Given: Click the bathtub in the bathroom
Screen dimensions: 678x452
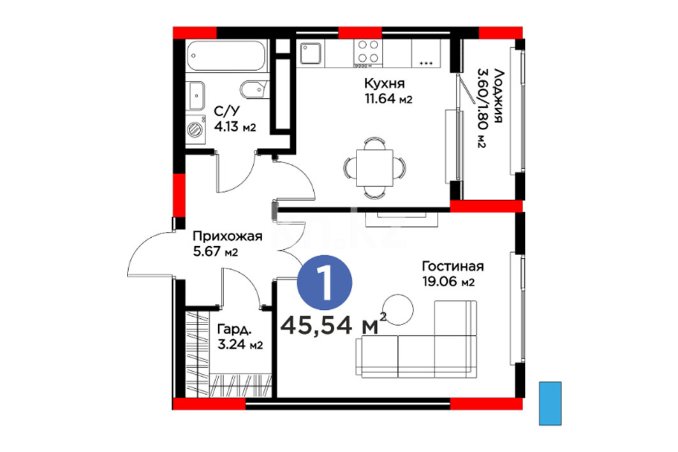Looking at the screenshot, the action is [x=227, y=55].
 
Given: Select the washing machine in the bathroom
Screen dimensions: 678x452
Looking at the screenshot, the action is [x=196, y=129].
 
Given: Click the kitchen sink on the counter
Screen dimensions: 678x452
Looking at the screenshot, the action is [x=311, y=53].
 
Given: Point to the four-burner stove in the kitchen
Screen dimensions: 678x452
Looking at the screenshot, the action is [x=368, y=52].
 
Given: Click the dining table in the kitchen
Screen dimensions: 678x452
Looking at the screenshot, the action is [x=374, y=168].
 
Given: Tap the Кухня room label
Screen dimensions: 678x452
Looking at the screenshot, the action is [x=384, y=82].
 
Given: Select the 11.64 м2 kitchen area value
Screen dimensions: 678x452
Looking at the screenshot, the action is [x=388, y=99].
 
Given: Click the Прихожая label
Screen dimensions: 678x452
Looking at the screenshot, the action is [x=228, y=237].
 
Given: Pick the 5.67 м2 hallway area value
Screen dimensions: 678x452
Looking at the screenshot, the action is [x=216, y=251].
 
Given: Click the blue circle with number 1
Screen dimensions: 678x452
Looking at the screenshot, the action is [x=324, y=282].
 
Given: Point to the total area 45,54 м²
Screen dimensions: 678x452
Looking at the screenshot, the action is [x=334, y=324].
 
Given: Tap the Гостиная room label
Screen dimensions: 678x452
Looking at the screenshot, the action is [x=453, y=266].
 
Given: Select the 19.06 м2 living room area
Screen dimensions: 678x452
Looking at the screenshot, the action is [x=448, y=282].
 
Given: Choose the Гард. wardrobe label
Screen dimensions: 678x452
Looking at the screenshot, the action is [x=234, y=330].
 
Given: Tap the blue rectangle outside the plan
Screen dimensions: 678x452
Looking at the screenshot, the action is [x=550, y=403].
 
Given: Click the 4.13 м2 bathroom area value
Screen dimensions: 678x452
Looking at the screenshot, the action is [x=235, y=128].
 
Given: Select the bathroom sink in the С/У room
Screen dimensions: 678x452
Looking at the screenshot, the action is [x=196, y=96].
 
